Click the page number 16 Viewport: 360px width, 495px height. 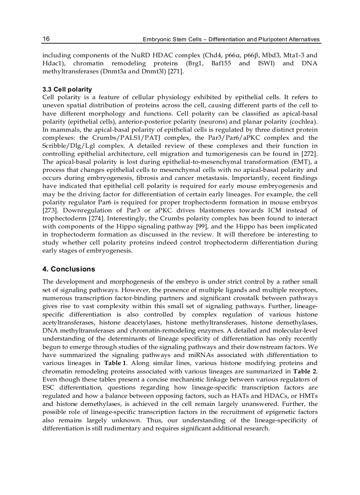(x=46, y=39)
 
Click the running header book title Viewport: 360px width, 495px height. (x=231, y=39)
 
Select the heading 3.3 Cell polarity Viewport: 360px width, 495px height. (x=67, y=89)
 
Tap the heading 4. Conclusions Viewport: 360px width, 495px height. (x=68, y=269)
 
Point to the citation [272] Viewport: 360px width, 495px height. (x=309, y=153)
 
